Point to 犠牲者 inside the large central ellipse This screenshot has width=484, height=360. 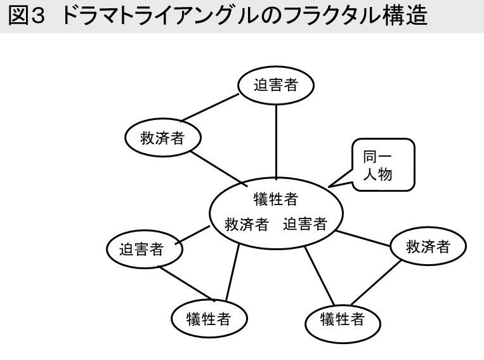pos(276,199)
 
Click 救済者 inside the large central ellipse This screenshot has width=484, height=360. pos(247,224)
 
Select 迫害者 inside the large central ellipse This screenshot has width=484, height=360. pos(305,224)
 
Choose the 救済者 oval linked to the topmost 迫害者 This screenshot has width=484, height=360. pos(162,138)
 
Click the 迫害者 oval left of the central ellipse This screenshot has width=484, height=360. pos(143,249)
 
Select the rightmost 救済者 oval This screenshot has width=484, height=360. pos(428,246)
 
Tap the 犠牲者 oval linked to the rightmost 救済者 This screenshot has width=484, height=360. pos(343,319)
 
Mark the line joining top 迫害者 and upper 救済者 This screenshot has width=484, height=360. pos(210,108)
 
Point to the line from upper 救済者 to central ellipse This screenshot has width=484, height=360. pos(219,167)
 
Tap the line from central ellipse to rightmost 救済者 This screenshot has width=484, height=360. pos(365,238)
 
